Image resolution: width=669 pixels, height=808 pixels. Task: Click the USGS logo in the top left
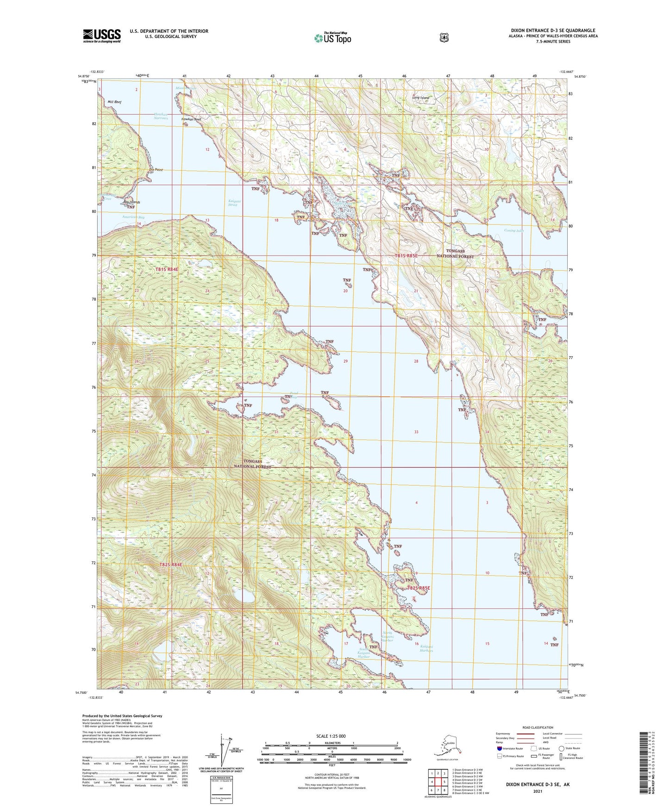tap(102, 36)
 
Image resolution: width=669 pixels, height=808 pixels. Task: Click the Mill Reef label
tap(114, 102)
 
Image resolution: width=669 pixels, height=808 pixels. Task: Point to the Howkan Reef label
tap(191, 119)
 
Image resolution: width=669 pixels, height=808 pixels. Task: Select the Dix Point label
tap(156, 170)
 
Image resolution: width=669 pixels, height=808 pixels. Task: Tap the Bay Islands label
tap(131, 202)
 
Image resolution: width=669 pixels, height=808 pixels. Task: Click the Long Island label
tap(421, 98)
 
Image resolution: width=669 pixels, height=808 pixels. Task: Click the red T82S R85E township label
tap(418, 588)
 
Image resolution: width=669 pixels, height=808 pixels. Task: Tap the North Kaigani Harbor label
tap(388, 637)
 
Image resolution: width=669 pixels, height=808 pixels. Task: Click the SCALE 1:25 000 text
tap(331, 736)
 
